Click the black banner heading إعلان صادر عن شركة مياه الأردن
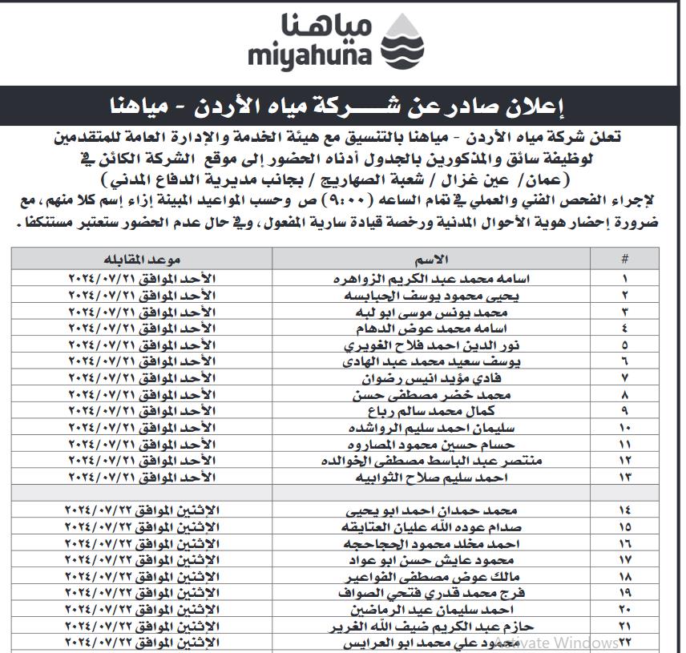click(x=341, y=105)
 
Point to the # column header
click(x=624, y=260)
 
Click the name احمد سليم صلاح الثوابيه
click(x=434, y=478)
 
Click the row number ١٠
click(x=624, y=428)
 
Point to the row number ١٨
click(x=624, y=576)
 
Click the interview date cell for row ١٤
click(x=143, y=510)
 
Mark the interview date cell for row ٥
click(x=143, y=345)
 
